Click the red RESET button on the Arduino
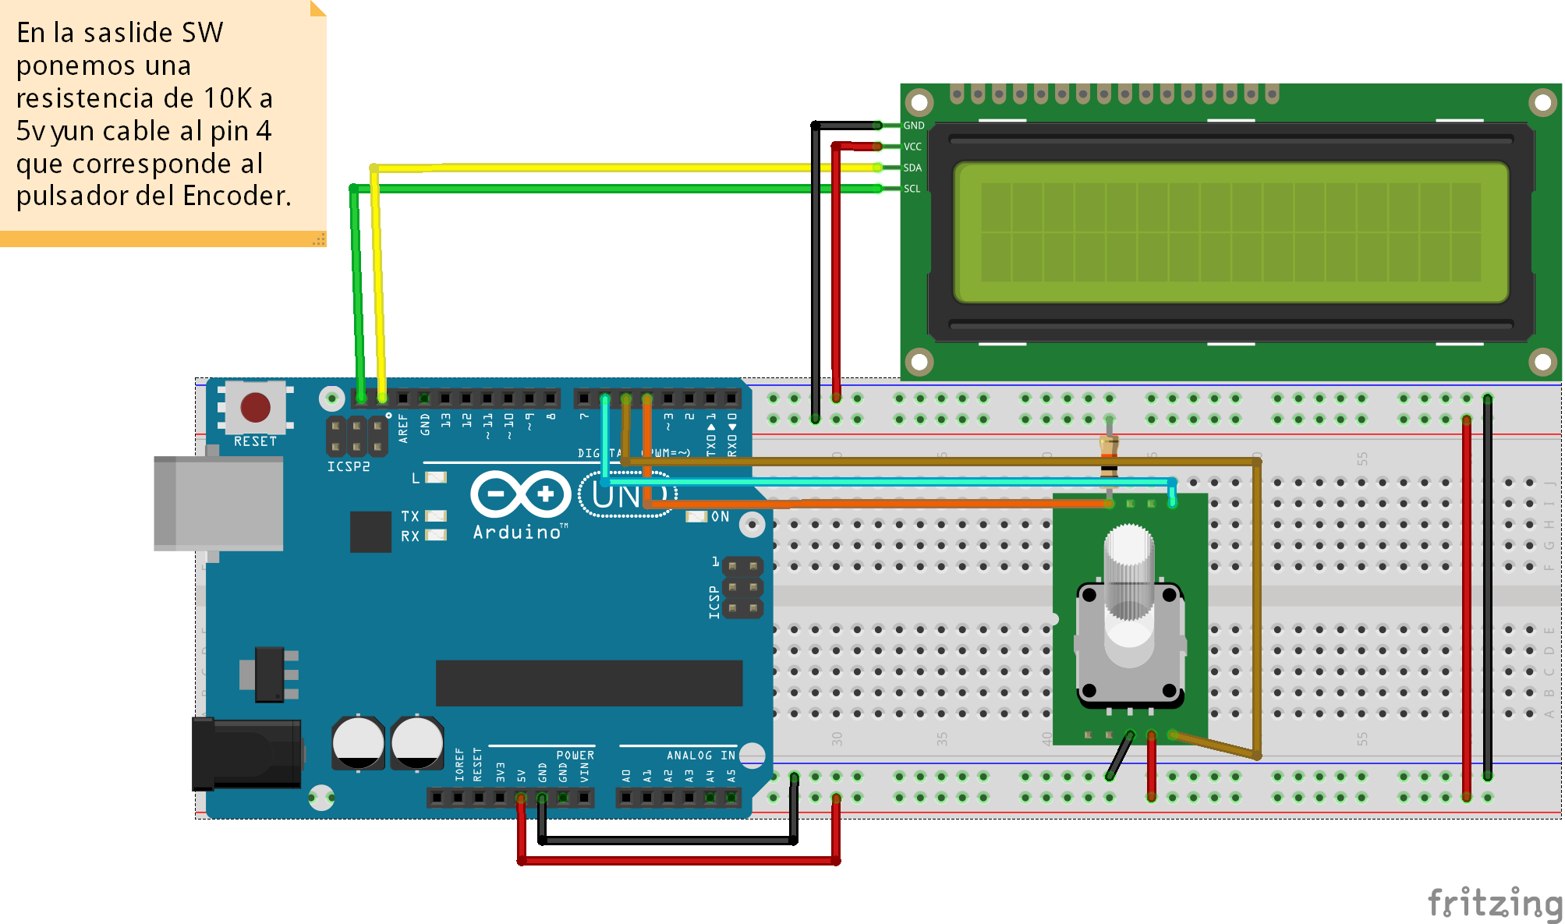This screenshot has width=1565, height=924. [255, 407]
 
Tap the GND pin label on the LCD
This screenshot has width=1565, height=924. [914, 126]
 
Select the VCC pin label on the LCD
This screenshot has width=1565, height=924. [912, 147]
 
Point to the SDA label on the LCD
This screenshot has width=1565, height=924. [912, 168]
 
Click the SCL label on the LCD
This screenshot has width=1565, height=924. [912, 189]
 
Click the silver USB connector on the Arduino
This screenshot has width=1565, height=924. [219, 503]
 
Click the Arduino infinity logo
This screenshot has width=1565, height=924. [521, 494]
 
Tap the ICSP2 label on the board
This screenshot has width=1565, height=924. [349, 466]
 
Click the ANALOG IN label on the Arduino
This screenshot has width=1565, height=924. [700, 755]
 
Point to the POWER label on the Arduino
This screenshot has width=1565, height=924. [575, 755]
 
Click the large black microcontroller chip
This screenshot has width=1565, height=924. [589, 683]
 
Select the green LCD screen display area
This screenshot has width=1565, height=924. [1230, 232]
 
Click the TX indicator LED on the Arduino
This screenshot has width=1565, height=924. [436, 516]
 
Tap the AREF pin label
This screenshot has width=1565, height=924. [403, 428]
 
